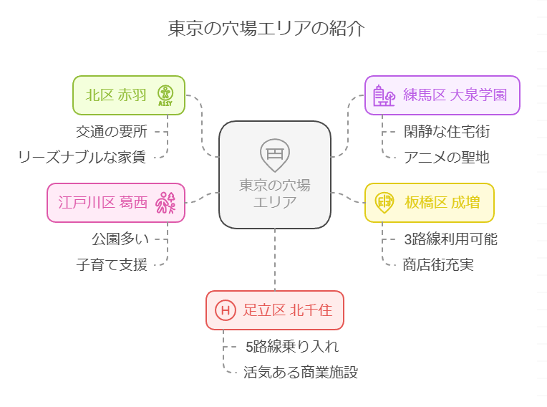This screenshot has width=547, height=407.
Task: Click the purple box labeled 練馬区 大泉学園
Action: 442,95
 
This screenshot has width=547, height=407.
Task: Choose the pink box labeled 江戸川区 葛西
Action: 116,202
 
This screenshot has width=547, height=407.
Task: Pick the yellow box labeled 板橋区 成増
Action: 429,202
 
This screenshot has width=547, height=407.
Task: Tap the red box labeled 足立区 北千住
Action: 274,310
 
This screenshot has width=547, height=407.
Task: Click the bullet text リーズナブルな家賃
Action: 82,157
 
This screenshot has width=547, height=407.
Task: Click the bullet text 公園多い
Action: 119,239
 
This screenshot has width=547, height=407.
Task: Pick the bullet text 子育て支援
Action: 112,264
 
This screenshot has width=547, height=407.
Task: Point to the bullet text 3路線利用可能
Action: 450,239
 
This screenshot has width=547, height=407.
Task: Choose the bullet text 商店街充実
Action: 438,264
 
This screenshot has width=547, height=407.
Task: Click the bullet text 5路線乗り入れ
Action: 291,347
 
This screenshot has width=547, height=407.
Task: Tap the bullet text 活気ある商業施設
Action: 300,373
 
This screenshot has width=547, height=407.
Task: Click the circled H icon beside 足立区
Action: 226,310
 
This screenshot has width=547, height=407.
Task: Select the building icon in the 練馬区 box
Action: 384,95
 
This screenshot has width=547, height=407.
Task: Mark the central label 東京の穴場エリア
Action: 275,193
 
